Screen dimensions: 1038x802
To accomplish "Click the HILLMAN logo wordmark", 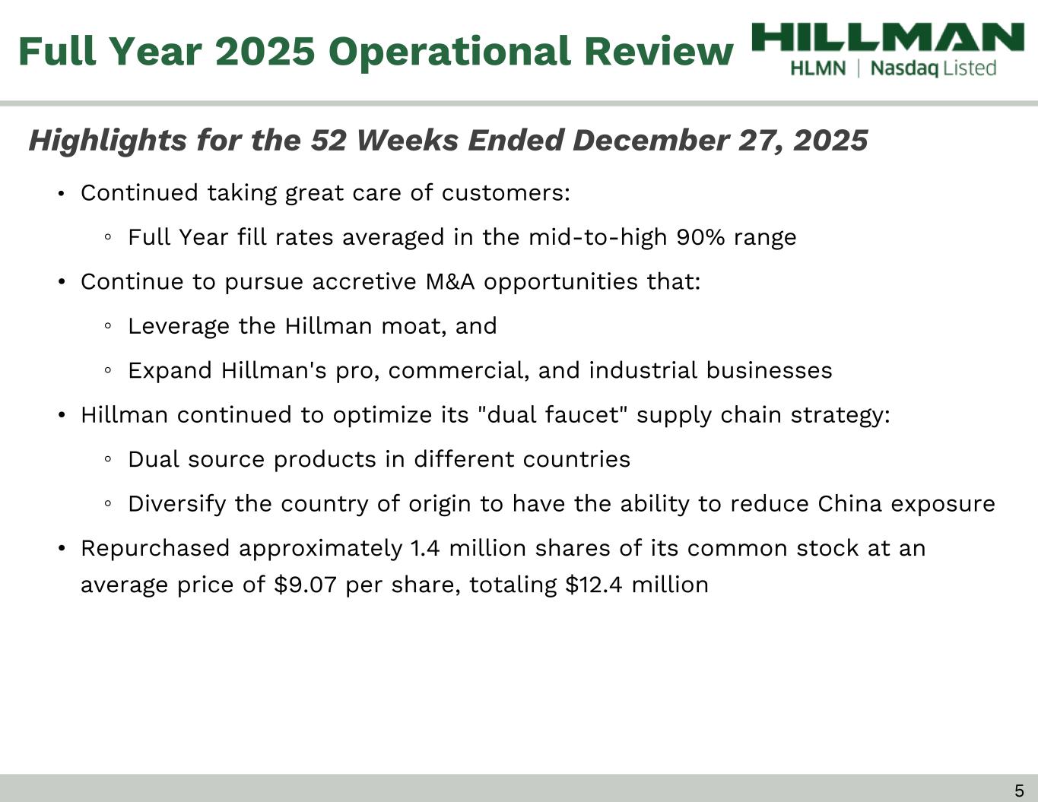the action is click(887, 36).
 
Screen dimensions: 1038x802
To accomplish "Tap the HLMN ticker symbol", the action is click(818, 68).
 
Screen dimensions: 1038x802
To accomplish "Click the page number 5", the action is click(1019, 790).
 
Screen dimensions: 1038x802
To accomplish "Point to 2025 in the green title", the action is click(265, 51).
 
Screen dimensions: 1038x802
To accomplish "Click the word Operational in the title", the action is click(449, 52).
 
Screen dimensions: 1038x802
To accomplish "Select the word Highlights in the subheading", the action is click(107, 141).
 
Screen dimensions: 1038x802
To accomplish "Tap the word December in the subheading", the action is click(651, 141).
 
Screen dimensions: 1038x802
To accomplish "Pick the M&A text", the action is click(450, 282).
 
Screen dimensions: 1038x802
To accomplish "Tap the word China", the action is click(849, 504).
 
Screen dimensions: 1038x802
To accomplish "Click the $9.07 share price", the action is click(305, 585).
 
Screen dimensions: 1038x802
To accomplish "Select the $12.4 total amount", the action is click(594, 585).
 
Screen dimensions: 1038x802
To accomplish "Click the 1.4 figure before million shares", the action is click(425, 548).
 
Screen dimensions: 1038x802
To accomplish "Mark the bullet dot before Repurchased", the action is click(61, 549).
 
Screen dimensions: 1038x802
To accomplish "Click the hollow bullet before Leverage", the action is click(108, 327).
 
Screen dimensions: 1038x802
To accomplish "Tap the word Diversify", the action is click(176, 505).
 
